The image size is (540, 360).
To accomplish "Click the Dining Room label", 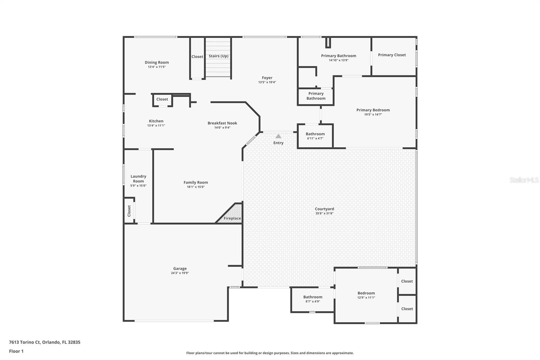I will coord(157,62).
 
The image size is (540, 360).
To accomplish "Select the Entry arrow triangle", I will coord(278,136).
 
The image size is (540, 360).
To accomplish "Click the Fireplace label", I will coord(232,218).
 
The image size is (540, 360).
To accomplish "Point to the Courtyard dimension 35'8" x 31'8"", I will coord(324,213).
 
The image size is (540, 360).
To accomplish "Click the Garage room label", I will coord(180,268).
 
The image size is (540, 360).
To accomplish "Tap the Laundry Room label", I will coord(138,179).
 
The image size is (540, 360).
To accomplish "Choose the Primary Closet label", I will coord(392,55).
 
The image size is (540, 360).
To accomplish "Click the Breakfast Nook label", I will coord(222,123).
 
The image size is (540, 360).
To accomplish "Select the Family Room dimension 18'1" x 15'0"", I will coord(196,187).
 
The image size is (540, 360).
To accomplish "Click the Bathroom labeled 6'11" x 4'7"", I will coord(315,134).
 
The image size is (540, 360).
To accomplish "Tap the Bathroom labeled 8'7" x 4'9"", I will coord(313,297).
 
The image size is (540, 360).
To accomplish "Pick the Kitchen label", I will coord(156,121).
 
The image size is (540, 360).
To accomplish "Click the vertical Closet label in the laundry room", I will coord(129,211).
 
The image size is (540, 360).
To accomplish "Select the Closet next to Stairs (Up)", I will coord(197,56).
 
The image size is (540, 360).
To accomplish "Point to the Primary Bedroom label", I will coord(373,110).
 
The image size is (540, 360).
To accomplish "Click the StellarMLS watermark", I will coord(524,180).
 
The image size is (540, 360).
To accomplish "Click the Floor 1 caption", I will coord(16,351).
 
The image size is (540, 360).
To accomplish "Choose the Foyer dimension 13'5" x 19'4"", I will coord(267,82).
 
